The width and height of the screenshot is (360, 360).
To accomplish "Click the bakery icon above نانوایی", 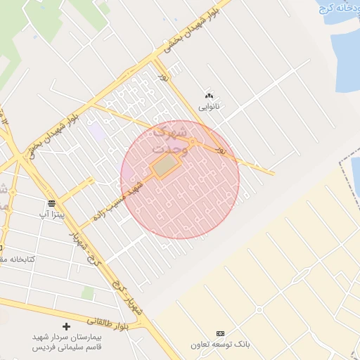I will pos(208,96).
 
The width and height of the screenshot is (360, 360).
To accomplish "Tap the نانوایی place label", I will pos(208,108).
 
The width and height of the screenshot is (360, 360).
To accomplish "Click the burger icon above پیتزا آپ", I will pos(52,202).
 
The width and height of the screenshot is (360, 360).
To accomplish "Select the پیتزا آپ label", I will pos(52,213).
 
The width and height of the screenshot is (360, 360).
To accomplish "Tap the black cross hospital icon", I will pos(67,326).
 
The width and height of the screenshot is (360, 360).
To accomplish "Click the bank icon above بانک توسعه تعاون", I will pos(221,333).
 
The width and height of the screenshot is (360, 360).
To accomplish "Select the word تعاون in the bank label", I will pos(203,345).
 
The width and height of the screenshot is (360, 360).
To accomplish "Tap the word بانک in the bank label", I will pos(241,345).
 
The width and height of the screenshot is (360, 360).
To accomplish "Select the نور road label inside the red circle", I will pos(221,150).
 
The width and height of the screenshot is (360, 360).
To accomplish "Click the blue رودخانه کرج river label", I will pos(335,8).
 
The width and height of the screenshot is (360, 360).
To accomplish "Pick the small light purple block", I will pos(97,131).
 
